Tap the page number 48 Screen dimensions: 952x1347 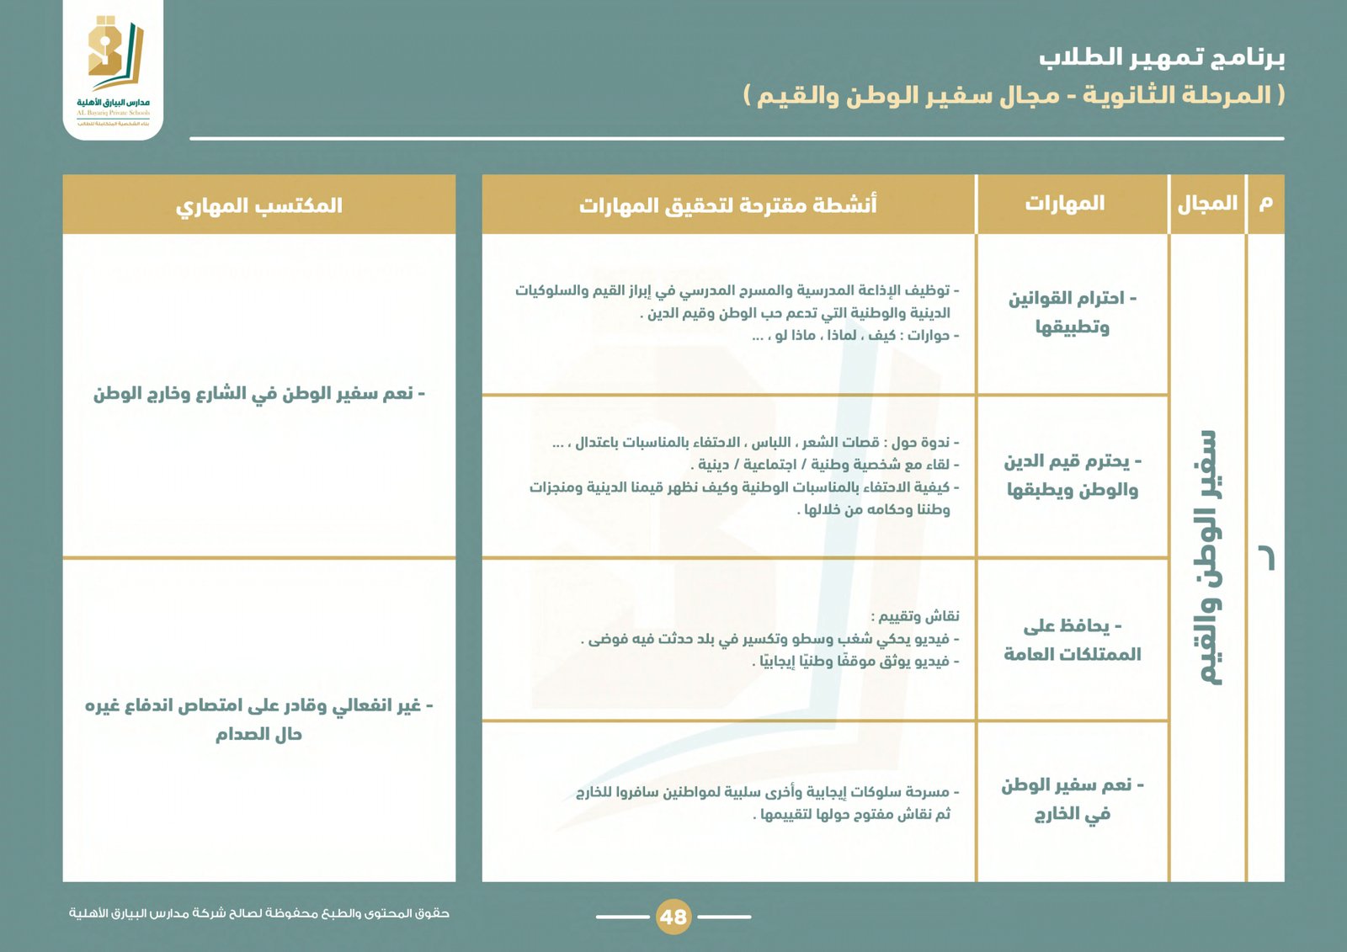point(673,916)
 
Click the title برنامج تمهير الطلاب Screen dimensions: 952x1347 point(1161,57)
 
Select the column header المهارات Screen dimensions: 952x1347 point(1064,204)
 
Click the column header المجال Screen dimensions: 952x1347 point(1207,204)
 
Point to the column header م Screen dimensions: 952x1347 point(1265,204)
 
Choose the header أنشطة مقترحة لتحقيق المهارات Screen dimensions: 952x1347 point(727,205)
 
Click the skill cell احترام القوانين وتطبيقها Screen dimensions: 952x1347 point(1072,312)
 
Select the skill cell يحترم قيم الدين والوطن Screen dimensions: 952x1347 point(1072,475)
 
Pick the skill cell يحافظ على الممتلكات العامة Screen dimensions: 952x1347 point(1072,640)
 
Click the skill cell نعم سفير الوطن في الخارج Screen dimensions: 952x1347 point(1072,799)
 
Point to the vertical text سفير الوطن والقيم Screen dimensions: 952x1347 point(1208,557)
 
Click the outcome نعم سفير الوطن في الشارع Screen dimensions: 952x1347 point(258,394)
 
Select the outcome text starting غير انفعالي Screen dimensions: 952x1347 point(258,719)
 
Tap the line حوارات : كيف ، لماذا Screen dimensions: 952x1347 point(855,336)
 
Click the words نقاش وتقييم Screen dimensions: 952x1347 point(915,616)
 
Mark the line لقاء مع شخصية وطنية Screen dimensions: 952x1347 point(825,465)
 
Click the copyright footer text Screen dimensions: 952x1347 point(258,913)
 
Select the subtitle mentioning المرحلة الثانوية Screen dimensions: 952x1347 point(1014,95)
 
